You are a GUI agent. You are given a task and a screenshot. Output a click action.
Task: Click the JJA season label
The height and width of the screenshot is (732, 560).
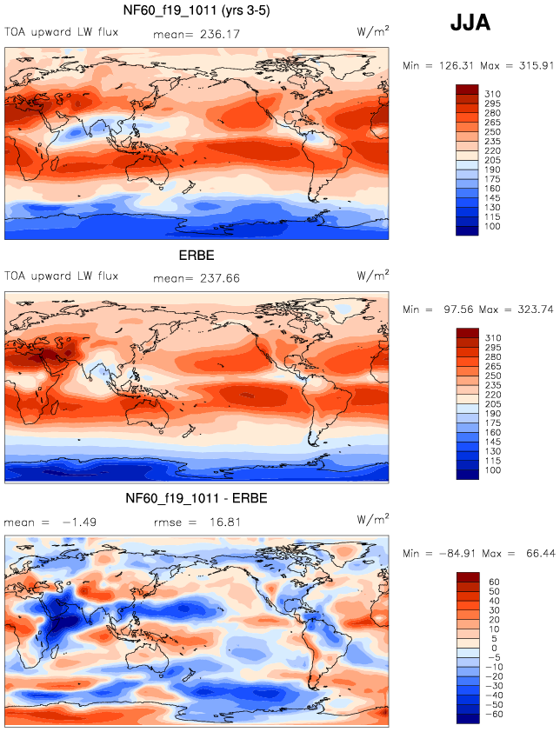470,23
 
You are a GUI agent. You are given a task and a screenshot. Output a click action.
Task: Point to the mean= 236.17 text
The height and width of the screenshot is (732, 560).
201,35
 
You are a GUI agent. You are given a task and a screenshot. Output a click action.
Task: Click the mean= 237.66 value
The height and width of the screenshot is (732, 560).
201,278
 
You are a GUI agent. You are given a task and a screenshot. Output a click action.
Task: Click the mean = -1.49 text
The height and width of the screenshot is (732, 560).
43,522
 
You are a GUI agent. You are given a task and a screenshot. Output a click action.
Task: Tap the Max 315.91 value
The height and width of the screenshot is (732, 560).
518,65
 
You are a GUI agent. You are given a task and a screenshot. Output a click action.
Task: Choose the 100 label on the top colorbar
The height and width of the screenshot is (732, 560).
491,226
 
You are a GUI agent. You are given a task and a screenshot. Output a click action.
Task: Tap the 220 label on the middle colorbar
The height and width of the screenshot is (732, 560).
491,413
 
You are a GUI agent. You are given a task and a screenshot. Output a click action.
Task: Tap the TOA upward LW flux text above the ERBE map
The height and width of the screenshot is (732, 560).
61,277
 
